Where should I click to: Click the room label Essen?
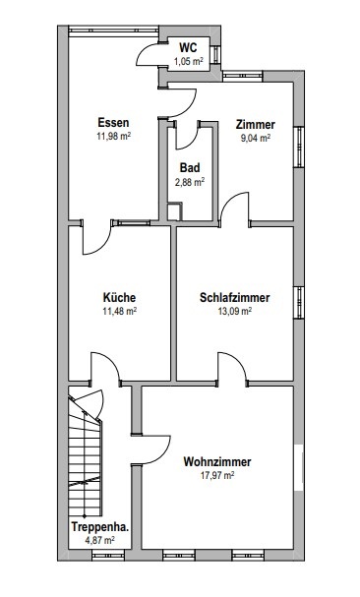pyautogui.click(x=113, y=123)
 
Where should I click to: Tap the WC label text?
pyautogui.click(x=188, y=48)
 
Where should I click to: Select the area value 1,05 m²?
pyautogui.click(x=188, y=61)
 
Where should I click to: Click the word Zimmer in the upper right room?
pyautogui.click(x=255, y=125)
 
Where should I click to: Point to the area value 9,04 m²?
pyautogui.click(x=255, y=138)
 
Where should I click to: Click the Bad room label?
pyautogui.click(x=190, y=168)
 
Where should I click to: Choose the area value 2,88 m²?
pyautogui.click(x=190, y=182)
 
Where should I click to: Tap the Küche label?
pyautogui.click(x=119, y=297)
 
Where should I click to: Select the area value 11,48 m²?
pyautogui.click(x=120, y=311)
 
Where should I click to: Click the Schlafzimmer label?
pyautogui.click(x=235, y=297)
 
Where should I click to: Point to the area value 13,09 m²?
pyautogui.click(x=235, y=311)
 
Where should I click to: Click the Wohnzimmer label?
pyautogui.click(x=217, y=462)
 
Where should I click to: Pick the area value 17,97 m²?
pyautogui.click(x=217, y=475)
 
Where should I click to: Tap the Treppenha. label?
pyautogui.click(x=99, y=527)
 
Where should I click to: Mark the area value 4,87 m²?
pyautogui.click(x=99, y=540)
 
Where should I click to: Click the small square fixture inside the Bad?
pyautogui.click(x=174, y=212)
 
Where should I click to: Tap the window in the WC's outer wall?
pyautogui.click(x=215, y=55)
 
